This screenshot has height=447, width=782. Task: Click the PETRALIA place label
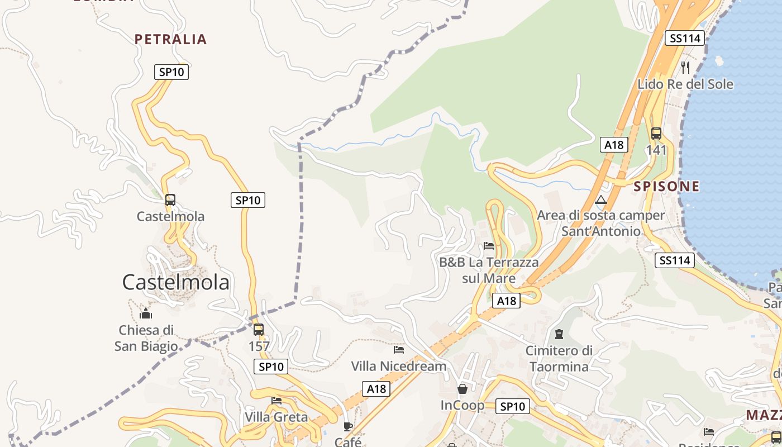(171, 39)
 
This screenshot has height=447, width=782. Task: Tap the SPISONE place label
(666, 186)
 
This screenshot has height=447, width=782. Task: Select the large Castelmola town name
(175, 282)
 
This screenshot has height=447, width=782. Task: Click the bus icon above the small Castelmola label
(170, 200)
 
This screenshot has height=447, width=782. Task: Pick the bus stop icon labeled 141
(656, 134)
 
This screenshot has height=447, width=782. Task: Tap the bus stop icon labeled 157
(258, 330)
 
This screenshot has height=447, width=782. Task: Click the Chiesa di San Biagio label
(146, 338)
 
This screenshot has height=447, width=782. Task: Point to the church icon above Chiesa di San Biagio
(146, 313)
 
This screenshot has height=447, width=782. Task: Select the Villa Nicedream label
(399, 366)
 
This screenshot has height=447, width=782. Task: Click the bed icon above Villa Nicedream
(399, 350)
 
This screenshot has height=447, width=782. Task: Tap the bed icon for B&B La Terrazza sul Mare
(489, 246)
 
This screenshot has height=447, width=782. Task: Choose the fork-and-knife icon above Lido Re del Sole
(685, 68)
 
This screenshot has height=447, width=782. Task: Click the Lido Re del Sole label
(685, 84)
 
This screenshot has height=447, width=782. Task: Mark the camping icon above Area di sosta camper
(601, 200)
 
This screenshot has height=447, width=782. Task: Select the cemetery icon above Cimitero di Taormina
(559, 334)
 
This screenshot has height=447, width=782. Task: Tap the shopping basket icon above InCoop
(462, 389)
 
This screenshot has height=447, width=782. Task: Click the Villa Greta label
(276, 417)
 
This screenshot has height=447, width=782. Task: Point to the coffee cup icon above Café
(348, 427)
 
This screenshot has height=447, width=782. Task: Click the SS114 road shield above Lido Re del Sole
(685, 38)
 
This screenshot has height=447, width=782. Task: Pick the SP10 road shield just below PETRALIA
(171, 72)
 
